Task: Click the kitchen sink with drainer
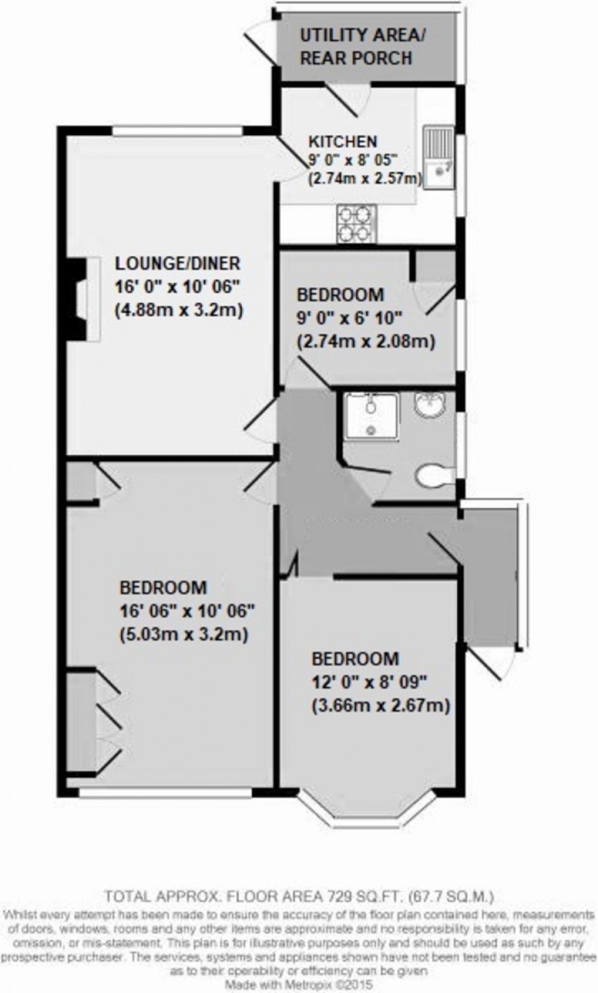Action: tap(439, 157)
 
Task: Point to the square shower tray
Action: tap(371, 415)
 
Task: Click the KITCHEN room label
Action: tap(343, 141)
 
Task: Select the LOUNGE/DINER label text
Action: tap(177, 263)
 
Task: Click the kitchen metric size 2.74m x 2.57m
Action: tap(365, 178)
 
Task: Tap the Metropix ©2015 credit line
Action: tap(299, 985)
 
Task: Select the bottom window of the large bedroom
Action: tap(165, 792)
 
